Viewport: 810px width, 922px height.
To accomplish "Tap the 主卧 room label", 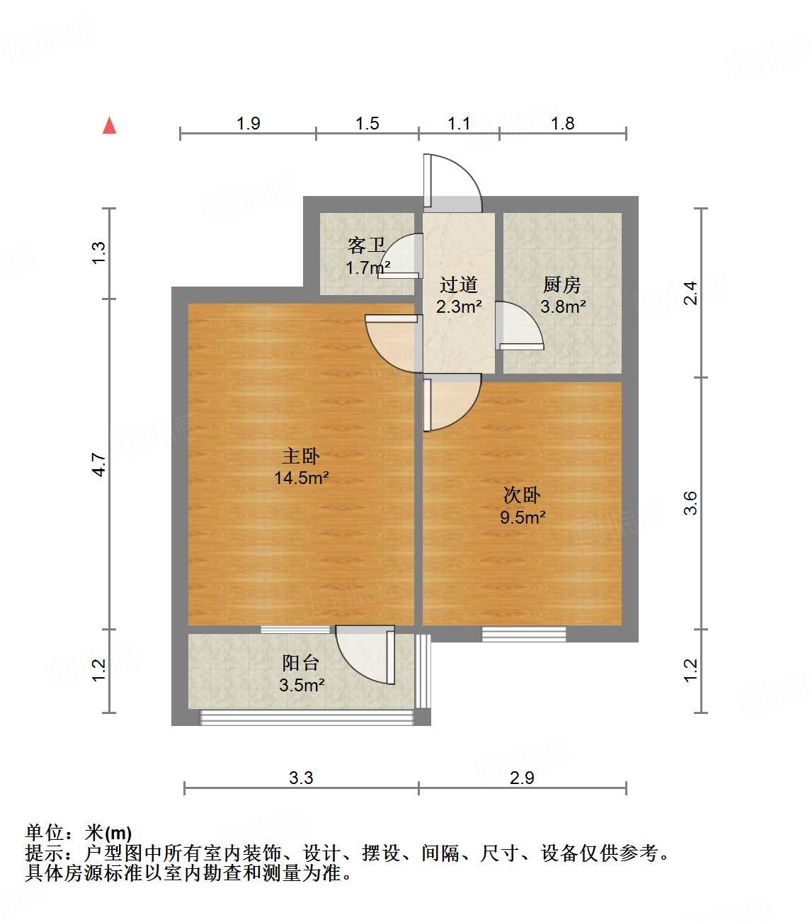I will pos(301,456).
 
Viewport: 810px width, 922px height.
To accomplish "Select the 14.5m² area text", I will pos(301,478).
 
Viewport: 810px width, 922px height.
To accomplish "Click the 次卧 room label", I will pos(522,495).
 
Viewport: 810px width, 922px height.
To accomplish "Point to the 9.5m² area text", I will pos(523,517).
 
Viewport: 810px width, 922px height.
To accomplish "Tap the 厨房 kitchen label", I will pos(562,285).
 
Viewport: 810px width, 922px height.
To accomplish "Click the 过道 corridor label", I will pos(459,284).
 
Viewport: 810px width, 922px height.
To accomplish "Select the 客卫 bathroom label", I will pos(366,246).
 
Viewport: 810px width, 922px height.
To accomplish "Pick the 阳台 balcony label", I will pos(301,663).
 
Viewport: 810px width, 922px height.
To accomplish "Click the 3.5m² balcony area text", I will pos(302,685).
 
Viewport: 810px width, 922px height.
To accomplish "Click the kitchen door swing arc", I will pos(520,325).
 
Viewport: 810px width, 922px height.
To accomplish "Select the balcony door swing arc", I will pos(365,655).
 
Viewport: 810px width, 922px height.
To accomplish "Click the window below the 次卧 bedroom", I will pos(524,634).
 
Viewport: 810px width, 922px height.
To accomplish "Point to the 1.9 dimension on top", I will pos(248,124).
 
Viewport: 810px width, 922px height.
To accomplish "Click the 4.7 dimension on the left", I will pos(99,464).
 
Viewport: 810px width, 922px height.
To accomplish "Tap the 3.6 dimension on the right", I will pos(691,503).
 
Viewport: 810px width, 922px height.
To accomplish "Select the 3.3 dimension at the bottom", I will pos(301,778).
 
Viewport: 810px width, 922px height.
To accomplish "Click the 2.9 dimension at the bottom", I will pos(522,778).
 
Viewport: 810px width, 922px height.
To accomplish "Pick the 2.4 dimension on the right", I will pos(690,293).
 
